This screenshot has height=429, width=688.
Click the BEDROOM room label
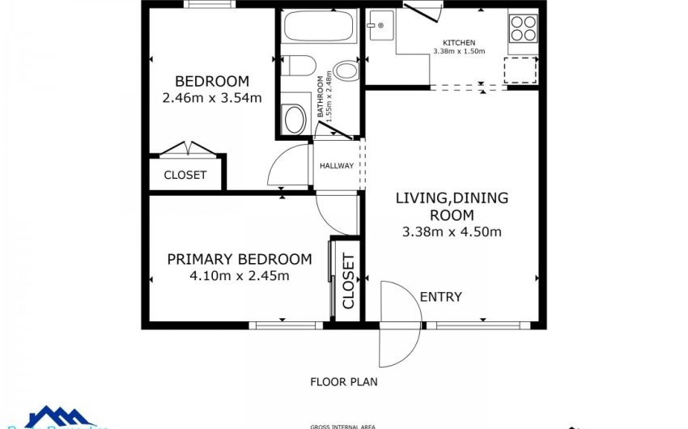pos(212,82)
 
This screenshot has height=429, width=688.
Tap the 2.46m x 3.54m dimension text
pos(212,99)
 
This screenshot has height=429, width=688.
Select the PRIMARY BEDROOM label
pos(239,260)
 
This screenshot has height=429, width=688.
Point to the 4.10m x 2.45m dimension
pos(239,276)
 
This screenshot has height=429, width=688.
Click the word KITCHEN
pos(458,42)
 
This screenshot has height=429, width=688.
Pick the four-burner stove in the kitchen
pos(523,28)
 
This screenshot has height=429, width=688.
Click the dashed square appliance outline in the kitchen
pos(520,70)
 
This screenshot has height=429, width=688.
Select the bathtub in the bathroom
pos(317,28)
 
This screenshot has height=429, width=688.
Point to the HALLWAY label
pos(336,166)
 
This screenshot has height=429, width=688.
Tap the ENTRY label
pos(440,297)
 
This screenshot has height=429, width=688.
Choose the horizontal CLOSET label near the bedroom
pos(185,175)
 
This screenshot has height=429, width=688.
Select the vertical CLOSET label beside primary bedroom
pos(348,281)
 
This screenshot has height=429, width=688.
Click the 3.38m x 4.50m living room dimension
pos(452,232)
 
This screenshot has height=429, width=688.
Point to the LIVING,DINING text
pos(452,198)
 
